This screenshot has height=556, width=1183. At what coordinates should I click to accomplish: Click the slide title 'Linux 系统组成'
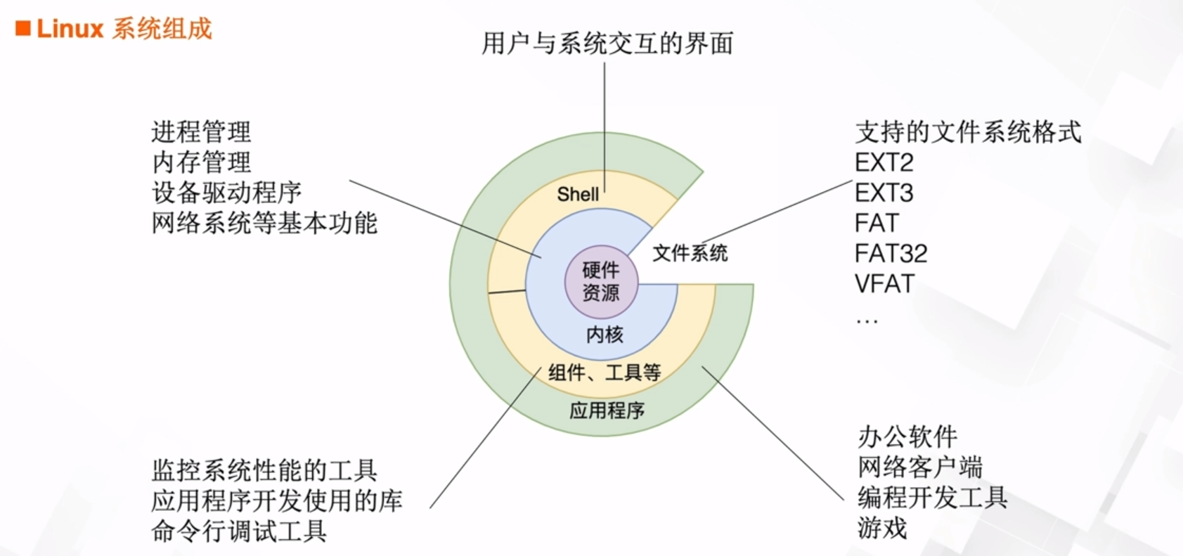pos(124,29)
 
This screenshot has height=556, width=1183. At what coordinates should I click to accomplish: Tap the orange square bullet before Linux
pos(23,29)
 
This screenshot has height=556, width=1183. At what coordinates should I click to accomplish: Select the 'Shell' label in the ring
pos(578,194)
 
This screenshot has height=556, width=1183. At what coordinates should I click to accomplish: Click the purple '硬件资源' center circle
pos(601,281)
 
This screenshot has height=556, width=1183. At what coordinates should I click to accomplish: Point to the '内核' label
pos(605,335)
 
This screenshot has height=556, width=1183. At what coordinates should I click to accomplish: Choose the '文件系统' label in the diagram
pos(690,253)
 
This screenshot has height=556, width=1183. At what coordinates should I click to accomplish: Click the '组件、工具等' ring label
pos(605,373)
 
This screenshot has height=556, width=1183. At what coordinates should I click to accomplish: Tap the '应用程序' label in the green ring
pos(607,410)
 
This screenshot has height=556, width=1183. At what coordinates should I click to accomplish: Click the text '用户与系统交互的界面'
pos(607,44)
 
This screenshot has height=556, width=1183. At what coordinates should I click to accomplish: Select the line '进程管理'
pos(201,132)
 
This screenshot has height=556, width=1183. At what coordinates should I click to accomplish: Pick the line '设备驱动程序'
pos(226,193)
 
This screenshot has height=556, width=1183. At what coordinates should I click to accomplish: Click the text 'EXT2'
pos(884,162)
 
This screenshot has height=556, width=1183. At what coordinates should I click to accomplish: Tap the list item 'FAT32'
pos(891,253)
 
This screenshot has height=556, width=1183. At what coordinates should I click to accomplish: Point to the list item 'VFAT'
pos(884,284)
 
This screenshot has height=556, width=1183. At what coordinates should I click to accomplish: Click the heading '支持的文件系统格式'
pos(968,132)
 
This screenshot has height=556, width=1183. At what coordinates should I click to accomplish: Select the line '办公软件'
pos(907,437)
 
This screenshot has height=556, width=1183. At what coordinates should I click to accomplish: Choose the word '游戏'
pos(882,527)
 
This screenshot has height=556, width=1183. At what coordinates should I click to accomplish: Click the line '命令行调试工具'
pos(239,531)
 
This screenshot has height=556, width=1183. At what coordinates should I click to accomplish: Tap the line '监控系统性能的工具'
pos(264,470)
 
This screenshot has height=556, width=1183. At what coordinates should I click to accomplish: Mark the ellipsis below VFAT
pos(867,321)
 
